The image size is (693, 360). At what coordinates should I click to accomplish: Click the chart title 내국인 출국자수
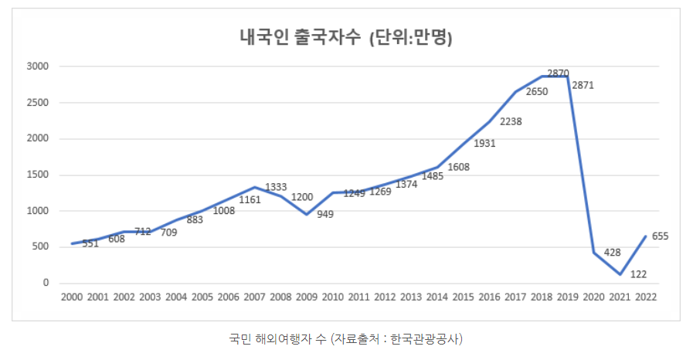coord(301,38)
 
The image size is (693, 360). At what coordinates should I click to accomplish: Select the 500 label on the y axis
coord(41,247)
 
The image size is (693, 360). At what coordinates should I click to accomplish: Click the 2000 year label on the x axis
coord(71,297)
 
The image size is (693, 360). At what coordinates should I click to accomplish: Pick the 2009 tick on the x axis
coord(307,297)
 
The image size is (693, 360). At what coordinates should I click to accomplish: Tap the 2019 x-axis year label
coord(568,297)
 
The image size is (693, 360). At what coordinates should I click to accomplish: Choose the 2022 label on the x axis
coord(647,297)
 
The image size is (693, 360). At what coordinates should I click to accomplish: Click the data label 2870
coord(558,73)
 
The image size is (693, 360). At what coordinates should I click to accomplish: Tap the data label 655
coord(660,236)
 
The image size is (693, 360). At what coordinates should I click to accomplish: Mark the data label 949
coord(324,214)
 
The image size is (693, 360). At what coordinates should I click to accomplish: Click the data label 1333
coord(276,187)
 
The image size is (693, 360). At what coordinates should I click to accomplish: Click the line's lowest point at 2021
coord(620,274)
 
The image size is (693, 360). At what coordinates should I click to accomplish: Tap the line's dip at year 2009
coord(307,214)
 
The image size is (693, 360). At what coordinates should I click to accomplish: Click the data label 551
coord(90,244)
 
